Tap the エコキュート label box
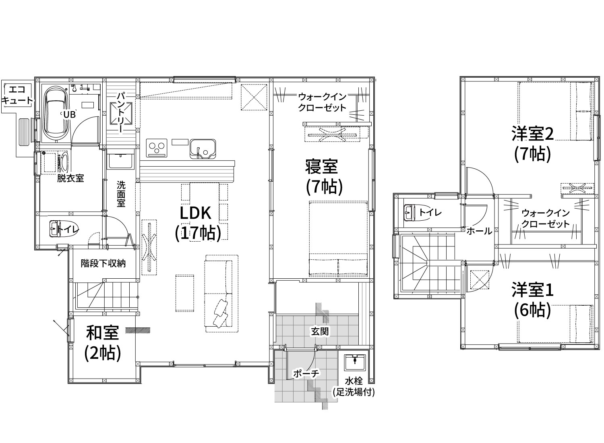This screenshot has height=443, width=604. tap(17, 95)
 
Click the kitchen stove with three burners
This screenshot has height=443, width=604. tap(157, 148)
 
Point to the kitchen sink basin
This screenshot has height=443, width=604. tap(203, 149)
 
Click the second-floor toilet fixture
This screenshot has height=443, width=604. tap(417, 213)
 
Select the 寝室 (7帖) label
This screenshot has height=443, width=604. tap(324, 177)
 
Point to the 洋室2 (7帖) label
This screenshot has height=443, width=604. tap(533, 144)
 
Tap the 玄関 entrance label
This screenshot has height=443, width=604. tap(320, 331)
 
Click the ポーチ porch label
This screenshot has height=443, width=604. tap(306, 373)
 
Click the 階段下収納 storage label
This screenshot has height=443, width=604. tap(103, 263)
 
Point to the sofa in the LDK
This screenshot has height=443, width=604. tap(221, 294)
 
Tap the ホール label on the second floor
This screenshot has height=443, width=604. tap(479, 231)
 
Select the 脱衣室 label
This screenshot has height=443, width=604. tap(70, 178)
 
